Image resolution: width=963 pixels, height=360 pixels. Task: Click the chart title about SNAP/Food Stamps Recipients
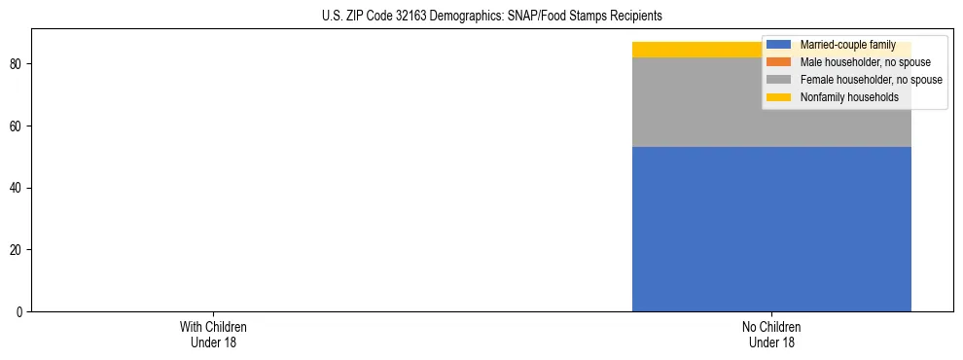click(x=491, y=16)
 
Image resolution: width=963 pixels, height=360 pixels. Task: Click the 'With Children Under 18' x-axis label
click(x=206, y=335)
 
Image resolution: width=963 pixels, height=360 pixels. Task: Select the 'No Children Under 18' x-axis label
click(x=771, y=335)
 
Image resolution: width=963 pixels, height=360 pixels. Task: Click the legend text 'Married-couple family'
click(x=847, y=45)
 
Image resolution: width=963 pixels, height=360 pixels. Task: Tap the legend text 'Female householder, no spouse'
click(x=871, y=80)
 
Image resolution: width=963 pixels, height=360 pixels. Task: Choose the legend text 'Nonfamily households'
click(x=848, y=97)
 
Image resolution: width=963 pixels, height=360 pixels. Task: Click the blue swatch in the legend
click(x=778, y=45)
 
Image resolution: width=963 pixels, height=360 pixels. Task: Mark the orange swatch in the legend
click(x=778, y=62)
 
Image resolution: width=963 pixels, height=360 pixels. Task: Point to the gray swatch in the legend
click(x=778, y=80)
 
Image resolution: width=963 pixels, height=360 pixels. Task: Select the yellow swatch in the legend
click(x=778, y=97)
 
